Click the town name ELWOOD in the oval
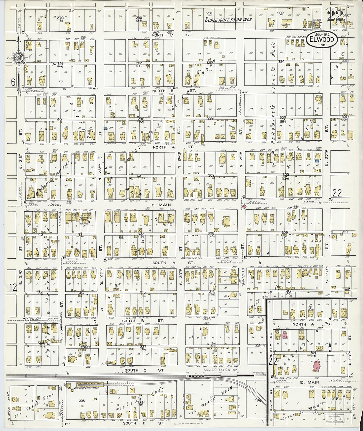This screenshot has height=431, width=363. [322, 40]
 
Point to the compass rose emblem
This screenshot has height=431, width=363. [18, 57]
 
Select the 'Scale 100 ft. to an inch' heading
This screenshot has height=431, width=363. [228, 19]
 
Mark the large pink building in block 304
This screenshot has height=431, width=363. [317, 366]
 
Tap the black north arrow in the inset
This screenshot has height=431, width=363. [329, 345]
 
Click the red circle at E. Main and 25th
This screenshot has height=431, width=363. [244, 207]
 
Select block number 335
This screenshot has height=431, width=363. [82, 401]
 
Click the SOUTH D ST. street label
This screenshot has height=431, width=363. [144, 423]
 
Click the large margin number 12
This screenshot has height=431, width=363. [13, 287]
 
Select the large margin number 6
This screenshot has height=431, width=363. [13, 82]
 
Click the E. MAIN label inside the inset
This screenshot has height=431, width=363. [309, 382]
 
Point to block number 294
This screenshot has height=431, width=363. [281, 62]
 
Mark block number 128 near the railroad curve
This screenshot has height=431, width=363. [212, 397]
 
